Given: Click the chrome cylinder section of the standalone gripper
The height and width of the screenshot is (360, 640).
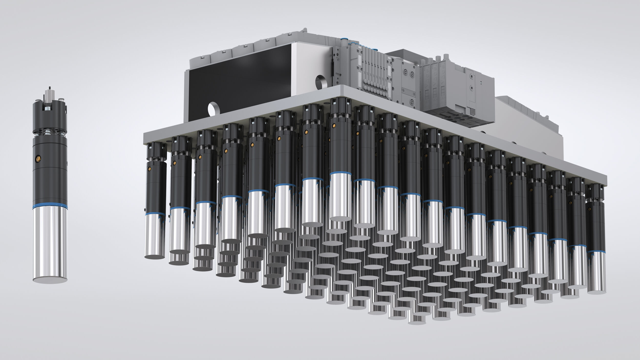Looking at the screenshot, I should click(50, 243).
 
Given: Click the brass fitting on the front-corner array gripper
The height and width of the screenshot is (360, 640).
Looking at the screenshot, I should click(334, 125).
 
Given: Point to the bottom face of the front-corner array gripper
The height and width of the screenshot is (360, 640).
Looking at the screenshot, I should click(340, 219).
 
